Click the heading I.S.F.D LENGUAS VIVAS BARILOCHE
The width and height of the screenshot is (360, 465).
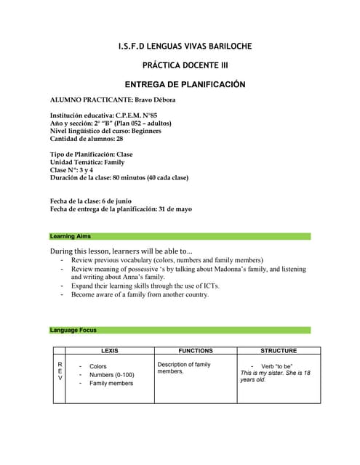(x=185, y=46)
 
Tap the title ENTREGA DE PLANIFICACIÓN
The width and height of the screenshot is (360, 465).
(x=185, y=84)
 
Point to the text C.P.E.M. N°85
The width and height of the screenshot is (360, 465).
(x=137, y=116)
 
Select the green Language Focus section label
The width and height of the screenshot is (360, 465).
(x=73, y=330)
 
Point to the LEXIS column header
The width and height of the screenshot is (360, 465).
(x=111, y=350)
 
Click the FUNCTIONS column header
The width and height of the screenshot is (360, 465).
(x=195, y=350)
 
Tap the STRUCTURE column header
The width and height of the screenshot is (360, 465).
(x=279, y=350)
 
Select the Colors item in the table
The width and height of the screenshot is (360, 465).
(x=97, y=367)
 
